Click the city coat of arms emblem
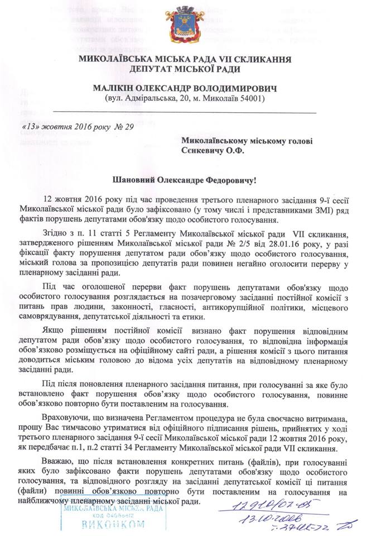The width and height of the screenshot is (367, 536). click(183, 27)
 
